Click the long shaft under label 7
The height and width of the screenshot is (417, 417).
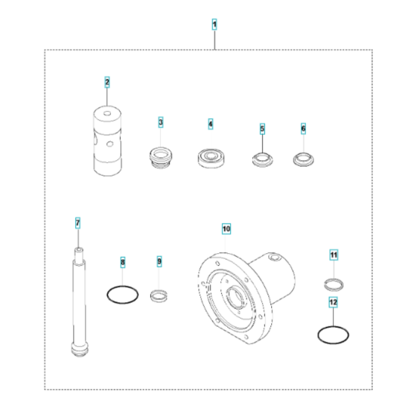[77, 298]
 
